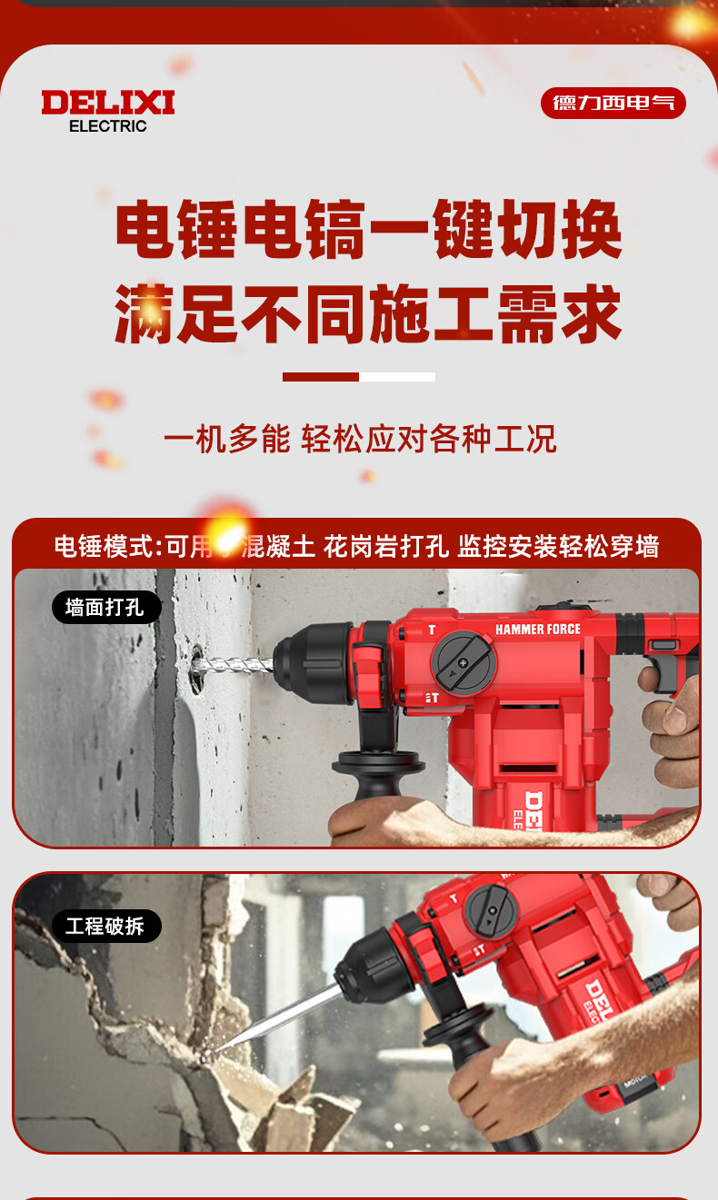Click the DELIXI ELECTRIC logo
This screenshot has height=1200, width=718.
(x=107, y=111)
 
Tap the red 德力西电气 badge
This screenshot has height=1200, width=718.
(x=613, y=103)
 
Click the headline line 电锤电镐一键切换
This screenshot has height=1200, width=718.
(x=369, y=229)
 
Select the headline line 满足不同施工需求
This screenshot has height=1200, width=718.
(x=369, y=314)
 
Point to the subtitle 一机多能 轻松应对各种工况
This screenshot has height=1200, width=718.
(x=360, y=439)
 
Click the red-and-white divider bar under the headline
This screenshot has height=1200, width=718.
(x=359, y=377)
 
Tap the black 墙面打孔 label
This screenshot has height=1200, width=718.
(x=106, y=608)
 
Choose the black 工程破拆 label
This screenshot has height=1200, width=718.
(x=106, y=926)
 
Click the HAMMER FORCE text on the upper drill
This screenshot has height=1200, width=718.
(x=537, y=629)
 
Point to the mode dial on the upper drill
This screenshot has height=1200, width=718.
(x=464, y=663)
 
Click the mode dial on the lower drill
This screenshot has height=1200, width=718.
(x=491, y=911)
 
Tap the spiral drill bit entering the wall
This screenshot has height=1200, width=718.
(x=234, y=667)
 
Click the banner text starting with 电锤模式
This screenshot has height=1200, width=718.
(x=357, y=547)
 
